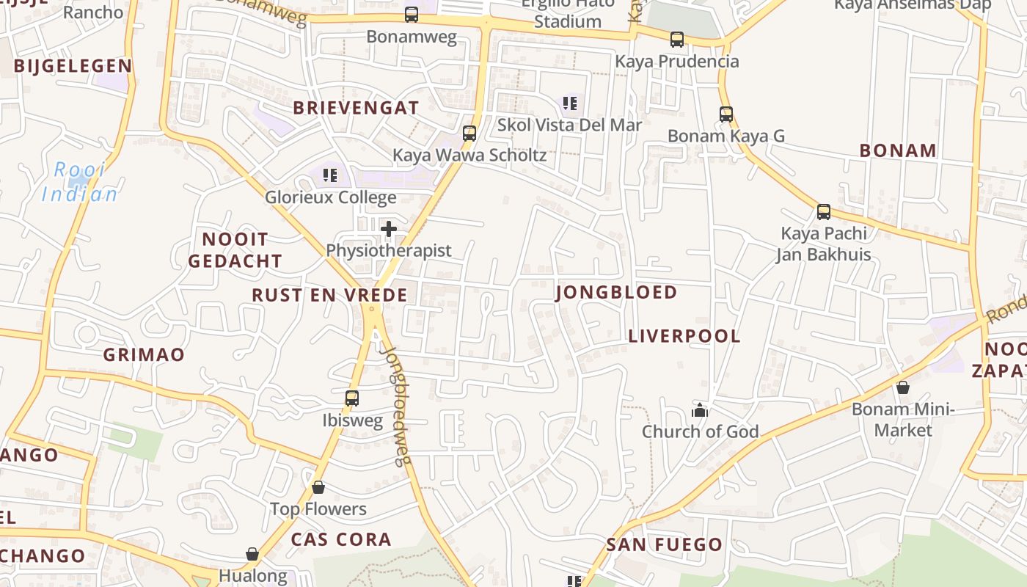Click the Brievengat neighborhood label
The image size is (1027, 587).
356,108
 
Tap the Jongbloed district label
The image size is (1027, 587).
616,293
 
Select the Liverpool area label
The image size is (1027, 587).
684,336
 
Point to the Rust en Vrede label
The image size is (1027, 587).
329,295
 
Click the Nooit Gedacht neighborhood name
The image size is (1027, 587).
235,250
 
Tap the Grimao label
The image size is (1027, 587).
144,355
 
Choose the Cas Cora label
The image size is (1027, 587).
341,539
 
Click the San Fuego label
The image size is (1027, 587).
664,544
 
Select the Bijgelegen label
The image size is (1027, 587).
73,66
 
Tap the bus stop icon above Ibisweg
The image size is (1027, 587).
352,398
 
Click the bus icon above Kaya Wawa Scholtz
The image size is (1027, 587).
469,134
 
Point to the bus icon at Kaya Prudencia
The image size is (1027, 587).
676,40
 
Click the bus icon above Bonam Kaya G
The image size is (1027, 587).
726,114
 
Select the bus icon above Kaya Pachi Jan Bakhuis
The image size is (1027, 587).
824,212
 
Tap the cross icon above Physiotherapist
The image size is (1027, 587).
389,229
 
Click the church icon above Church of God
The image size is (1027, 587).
700,410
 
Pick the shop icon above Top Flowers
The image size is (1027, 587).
318,487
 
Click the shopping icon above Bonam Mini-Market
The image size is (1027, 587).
902,387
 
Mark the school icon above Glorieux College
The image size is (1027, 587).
330,175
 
